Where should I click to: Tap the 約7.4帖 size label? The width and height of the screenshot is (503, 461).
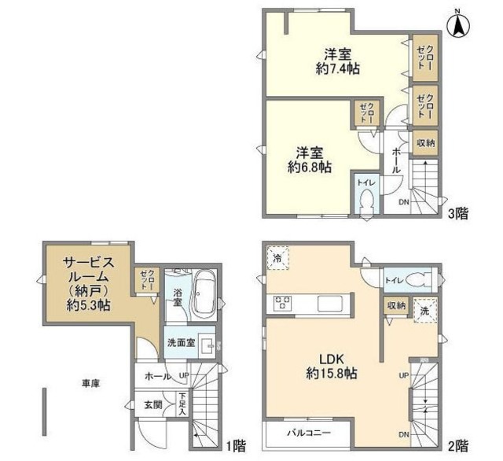click(337, 69)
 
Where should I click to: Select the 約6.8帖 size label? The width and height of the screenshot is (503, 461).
click(309, 168)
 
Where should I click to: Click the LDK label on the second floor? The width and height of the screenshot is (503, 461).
click(332, 359)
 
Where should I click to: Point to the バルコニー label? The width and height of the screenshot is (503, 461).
click(309, 433)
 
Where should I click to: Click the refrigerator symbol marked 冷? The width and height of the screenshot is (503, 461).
click(277, 258)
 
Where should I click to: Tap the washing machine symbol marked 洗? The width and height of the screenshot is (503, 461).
click(424, 311)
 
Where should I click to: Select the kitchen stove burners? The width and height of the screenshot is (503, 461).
click(283, 303)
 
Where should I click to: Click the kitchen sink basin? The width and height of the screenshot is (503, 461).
click(330, 304)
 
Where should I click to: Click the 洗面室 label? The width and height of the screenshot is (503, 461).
click(182, 343)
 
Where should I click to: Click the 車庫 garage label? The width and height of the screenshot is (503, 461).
click(91, 383)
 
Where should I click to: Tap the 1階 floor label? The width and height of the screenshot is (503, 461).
click(237, 446)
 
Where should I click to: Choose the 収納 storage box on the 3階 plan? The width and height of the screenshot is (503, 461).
click(425, 143)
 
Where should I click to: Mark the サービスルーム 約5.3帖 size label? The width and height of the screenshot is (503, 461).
click(89, 305)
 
